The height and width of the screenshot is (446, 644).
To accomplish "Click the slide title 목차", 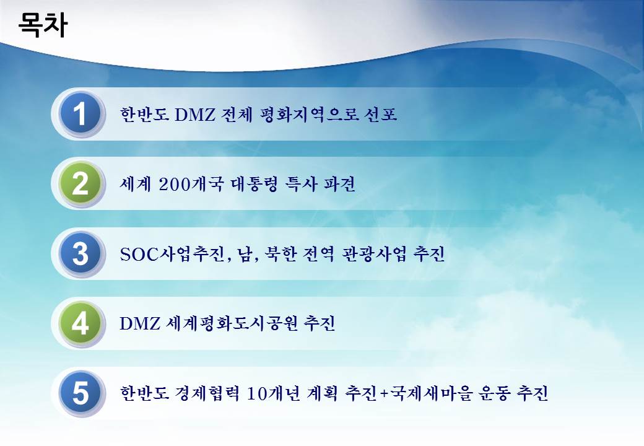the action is (43, 25).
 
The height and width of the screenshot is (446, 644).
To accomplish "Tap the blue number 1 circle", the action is (80, 113).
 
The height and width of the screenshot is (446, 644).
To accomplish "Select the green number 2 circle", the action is (80, 183).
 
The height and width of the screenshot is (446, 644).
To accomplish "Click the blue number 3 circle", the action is (80, 253).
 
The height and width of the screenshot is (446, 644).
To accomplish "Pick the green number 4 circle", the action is (80, 323).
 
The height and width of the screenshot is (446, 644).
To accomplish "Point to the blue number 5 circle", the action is (80, 393).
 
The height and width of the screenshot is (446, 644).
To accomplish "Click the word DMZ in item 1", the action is (194, 114).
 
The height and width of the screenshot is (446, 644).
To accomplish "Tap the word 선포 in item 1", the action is (380, 114).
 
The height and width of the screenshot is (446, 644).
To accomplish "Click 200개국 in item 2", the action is (191, 183).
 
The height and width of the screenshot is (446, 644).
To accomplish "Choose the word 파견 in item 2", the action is (339, 183).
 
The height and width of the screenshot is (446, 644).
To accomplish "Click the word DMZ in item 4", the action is (140, 323).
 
